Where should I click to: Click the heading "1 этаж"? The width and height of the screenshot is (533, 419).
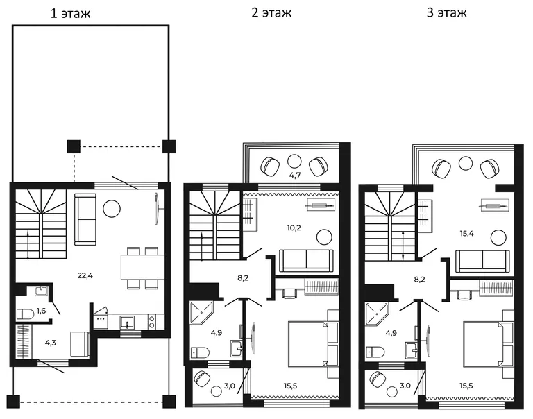point(70,14)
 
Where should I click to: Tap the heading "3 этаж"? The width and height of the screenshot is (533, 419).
point(447,13)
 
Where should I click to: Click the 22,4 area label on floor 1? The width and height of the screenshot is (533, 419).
point(85,275)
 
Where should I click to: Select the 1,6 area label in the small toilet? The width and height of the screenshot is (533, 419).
point(41,311)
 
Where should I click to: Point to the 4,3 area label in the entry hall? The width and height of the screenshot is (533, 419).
point(50,343)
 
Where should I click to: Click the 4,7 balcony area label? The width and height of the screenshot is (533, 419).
point(294,176)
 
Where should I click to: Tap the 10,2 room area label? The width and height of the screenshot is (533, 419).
point(294,228)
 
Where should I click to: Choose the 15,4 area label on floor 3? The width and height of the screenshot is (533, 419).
point(466,234)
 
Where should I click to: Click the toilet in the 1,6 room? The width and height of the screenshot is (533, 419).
point(25,314)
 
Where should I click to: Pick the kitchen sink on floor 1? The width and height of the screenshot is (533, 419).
point(127,322)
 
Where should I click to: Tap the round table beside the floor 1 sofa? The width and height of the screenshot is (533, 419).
point(112,209)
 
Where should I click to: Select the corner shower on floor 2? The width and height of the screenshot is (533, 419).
point(201,312)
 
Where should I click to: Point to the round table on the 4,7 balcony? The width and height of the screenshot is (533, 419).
point(294,162)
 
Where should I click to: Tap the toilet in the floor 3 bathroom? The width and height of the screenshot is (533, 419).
point(375,352)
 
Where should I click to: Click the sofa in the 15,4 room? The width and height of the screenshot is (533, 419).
point(482,261)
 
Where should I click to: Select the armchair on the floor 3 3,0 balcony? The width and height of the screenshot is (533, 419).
point(377,378)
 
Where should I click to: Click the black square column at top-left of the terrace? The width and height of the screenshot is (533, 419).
point(74,146)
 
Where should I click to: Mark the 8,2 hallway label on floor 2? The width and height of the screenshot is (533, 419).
point(243,278)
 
